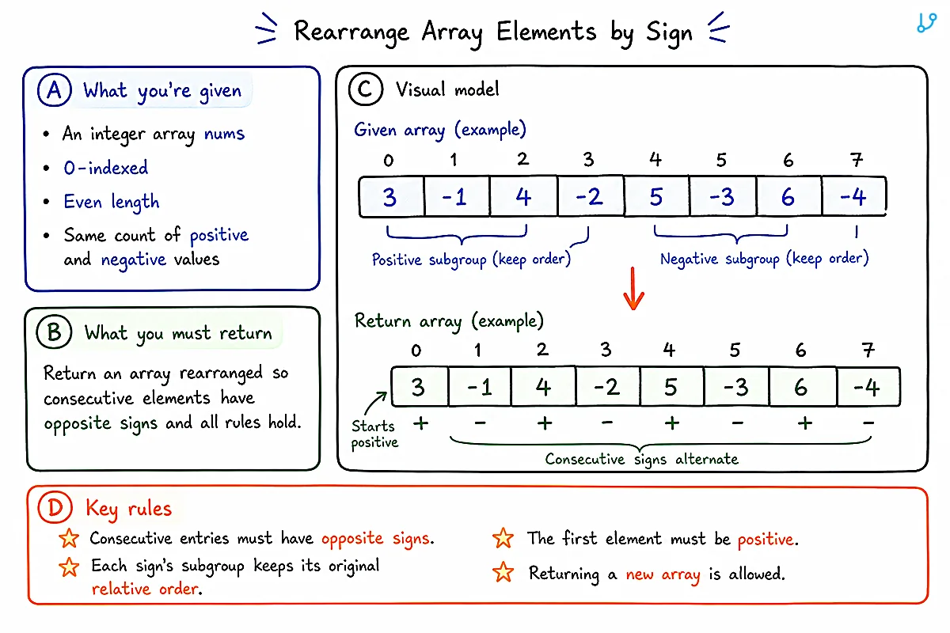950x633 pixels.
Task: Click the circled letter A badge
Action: tap(55, 90)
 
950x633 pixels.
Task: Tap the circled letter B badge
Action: tap(54, 332)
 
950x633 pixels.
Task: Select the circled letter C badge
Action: tap(365, 89)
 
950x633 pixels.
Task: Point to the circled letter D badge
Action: tap(55, 507)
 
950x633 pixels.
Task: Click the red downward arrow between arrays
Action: tap(633, 288)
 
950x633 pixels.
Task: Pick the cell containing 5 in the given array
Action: tap(656, 197)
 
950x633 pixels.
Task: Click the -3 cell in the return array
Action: tap(735, 387)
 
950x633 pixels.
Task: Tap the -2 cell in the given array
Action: tap(591, 197)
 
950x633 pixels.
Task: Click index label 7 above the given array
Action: tap(857, 160)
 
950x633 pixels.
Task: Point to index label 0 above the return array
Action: tap(416, 351)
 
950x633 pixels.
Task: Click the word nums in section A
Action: tap(224, 134)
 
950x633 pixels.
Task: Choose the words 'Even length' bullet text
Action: tap(112, 202)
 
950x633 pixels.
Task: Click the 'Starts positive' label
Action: tap(374, 434)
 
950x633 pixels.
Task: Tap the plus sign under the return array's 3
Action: tap(420, 423)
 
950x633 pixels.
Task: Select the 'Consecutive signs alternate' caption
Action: tap(641, 459)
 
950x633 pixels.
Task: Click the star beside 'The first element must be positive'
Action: tap(503, 539)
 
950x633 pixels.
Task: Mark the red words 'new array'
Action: tap(663, 574)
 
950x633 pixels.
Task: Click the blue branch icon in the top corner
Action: tap(926, 23)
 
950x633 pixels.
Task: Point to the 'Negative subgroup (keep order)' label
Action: tap(764, 259)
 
